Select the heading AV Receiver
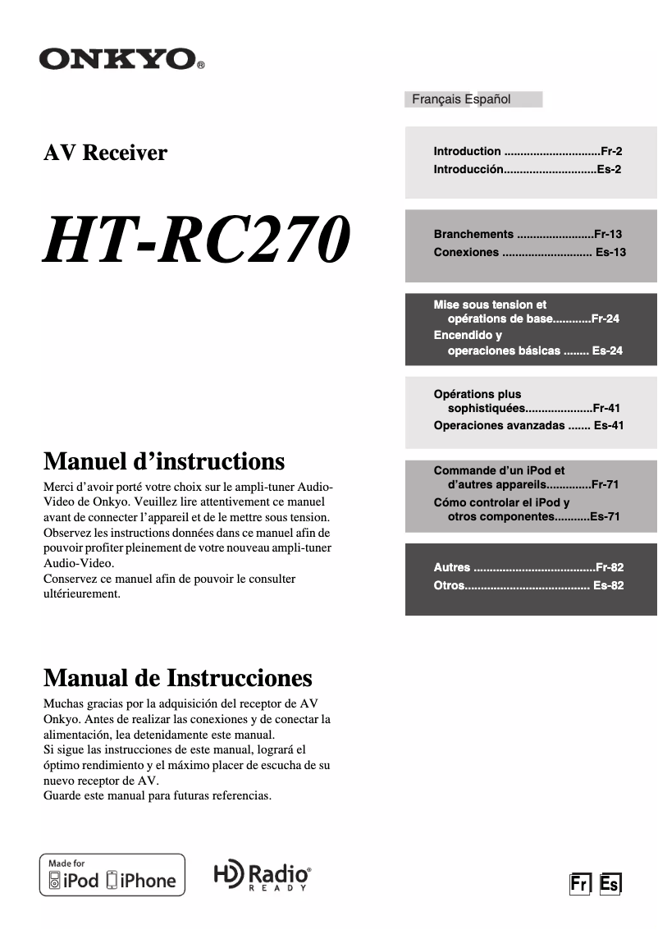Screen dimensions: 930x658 [x=105, y=153]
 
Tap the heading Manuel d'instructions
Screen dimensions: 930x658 [x=163, y=460]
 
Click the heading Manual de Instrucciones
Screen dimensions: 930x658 [x=177, y=678]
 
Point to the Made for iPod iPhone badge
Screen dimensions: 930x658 [x=112, y=875]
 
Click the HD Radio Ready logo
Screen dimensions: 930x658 [x=262, y=876]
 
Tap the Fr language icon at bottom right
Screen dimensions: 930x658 [x=581, y=884]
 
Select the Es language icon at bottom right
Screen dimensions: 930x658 [x=610, y=884]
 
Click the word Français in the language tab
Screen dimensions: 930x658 [x=436, y=99]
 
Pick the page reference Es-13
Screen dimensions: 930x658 [x=610, y=252]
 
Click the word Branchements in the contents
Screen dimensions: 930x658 [x=473, y=234]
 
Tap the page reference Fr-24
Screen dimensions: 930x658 [x=605, y=318]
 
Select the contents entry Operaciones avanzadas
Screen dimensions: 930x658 [x=499, y=425]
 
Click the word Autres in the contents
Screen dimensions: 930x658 [x=452, y=567]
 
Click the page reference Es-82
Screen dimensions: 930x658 [x=609, y=585]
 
